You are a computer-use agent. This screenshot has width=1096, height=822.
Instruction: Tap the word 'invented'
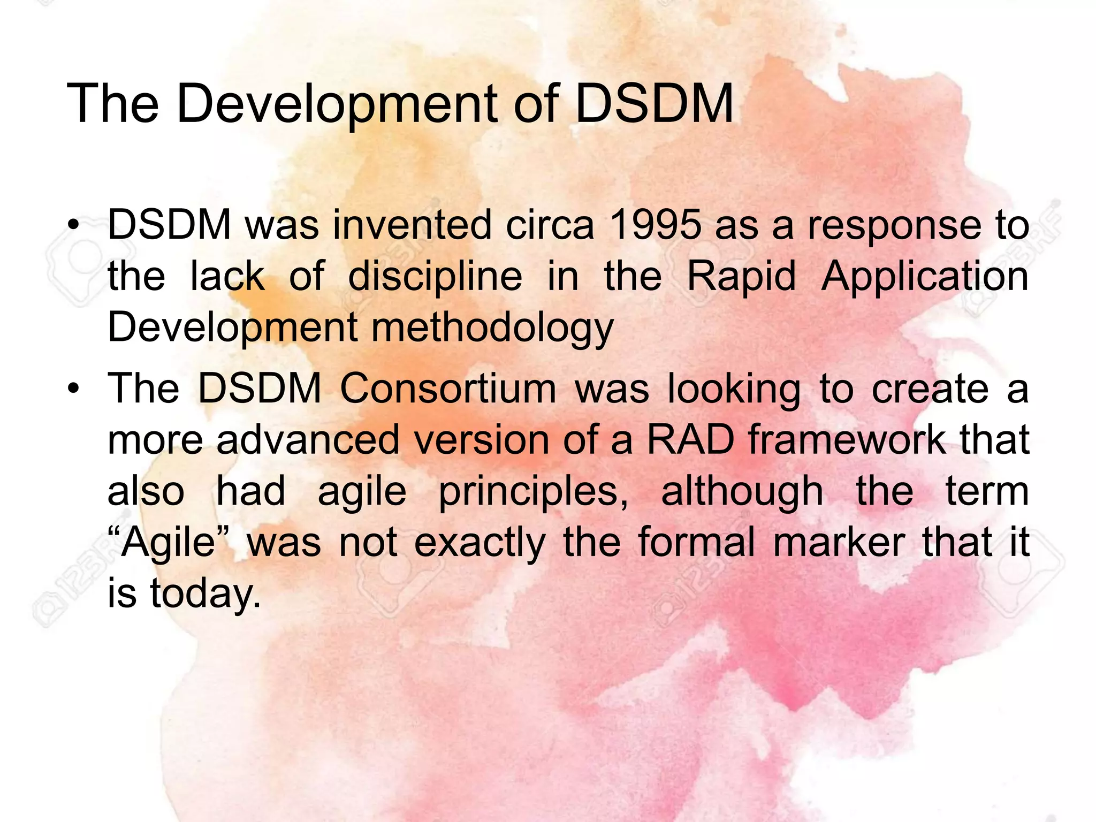(412, 225)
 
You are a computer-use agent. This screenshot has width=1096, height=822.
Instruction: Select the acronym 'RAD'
(690, 440)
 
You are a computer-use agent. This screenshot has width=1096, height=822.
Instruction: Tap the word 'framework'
(847, 440)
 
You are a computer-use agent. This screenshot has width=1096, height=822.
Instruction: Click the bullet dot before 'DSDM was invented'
(73, 225)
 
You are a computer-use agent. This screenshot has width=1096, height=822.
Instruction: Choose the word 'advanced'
(308, 440)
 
